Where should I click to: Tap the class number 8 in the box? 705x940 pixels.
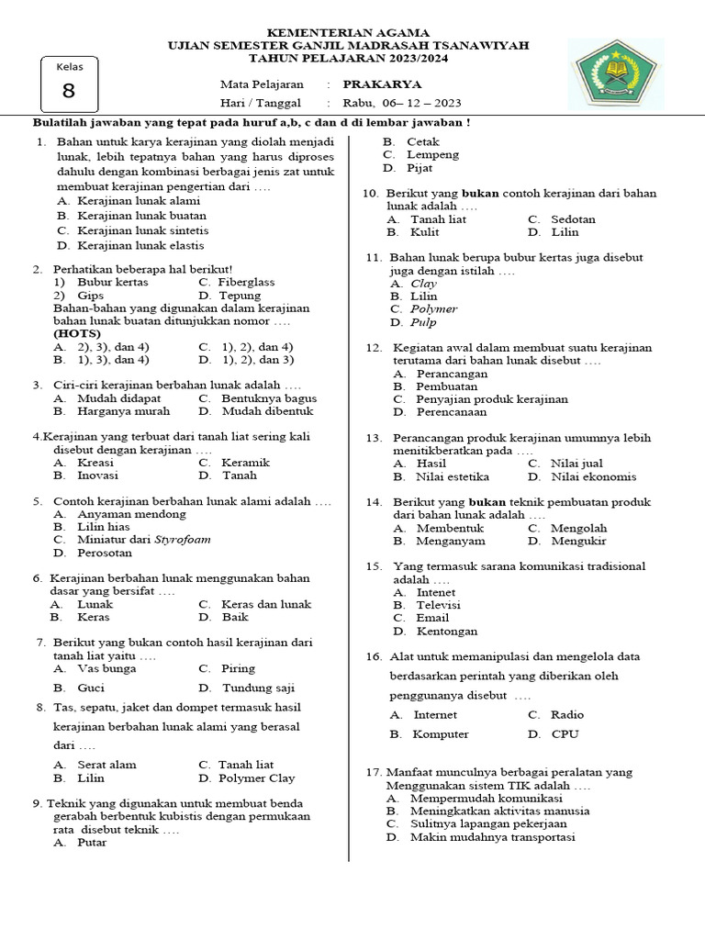point(69,91)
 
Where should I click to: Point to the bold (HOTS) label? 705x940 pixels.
point(77,334)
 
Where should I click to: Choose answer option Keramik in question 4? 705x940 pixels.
point(245,463)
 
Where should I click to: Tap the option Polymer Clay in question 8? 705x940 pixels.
point(258,778)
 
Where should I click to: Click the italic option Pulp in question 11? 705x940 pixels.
point(423,322)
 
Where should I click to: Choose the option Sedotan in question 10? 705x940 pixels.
point(573,219)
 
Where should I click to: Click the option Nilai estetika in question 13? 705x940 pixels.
point(453,476)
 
